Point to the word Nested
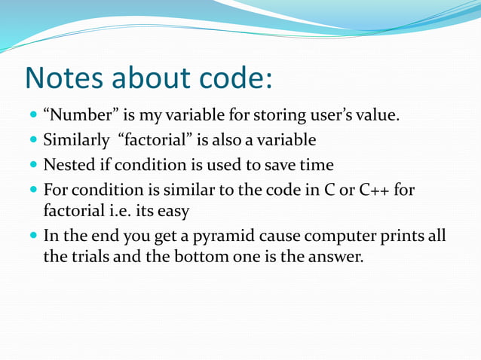(66, 164)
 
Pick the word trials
(93, 257)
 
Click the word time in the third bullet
(317, 164)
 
